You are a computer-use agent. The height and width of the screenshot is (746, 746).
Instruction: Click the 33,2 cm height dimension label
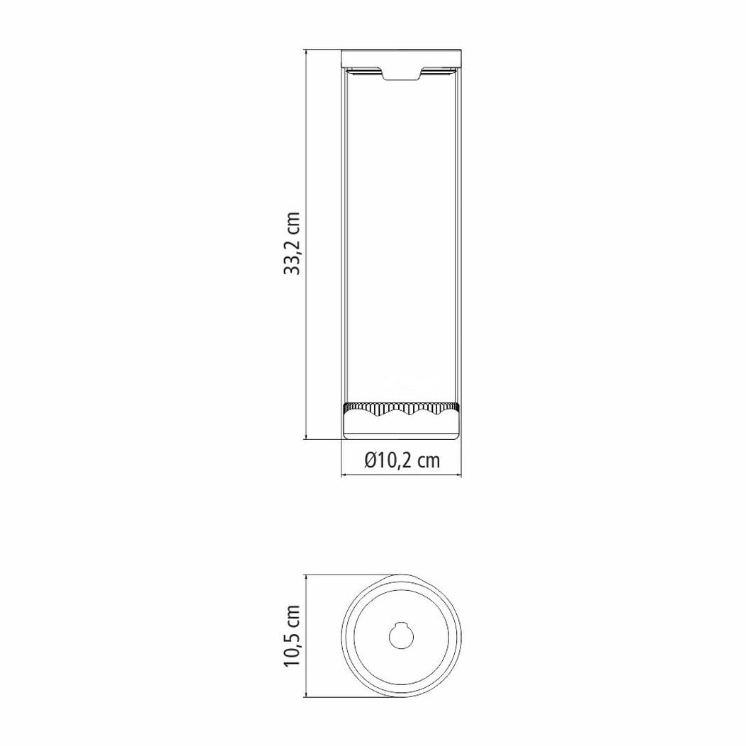click(x=292, y=244)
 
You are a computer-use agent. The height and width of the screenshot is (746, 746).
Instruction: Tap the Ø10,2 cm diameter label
click(x=402, y=460)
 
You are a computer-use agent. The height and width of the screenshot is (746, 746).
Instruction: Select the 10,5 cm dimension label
click(x=292, y=636)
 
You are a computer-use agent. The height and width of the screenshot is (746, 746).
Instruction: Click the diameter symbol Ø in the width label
click(x=371, y=460)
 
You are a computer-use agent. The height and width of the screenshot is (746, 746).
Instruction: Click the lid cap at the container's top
click(x=402, y=58)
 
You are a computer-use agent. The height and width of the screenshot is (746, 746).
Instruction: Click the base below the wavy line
click(x=402, y=428)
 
